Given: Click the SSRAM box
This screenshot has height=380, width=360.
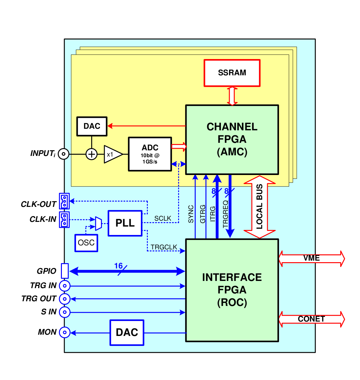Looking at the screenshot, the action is click(x=232, y=73).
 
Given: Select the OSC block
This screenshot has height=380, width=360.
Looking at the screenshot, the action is click(x=86, y=243).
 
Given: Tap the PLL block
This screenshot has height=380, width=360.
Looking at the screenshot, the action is click(x=125, y=223).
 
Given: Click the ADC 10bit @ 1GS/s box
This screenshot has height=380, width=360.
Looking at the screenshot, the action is click(x=150, y=154).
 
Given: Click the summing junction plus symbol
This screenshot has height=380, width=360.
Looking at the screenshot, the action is click(x=92, y=154).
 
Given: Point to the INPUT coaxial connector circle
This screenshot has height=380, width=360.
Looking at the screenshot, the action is click(x=64, y=154).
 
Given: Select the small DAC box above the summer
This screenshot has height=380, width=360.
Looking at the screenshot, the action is click(x=92, y=126).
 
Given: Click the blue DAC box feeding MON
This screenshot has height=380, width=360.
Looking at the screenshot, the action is click(x=127, y=332).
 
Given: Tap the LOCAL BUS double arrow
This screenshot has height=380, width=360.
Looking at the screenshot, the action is click(x=259, y=207).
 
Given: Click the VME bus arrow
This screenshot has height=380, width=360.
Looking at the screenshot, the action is click(x=312, y=259).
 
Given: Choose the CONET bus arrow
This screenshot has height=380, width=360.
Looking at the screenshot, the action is click(x=312, y=319).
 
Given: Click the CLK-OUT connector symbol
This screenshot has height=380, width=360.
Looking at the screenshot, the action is click(x=64, y=201).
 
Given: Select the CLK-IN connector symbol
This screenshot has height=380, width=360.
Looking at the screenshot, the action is click(x=64, y=220).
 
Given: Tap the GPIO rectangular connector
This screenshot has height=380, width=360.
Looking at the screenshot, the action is click(x=65, y=271).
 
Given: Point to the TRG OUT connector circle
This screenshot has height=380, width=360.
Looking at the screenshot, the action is click(x=65, y=299).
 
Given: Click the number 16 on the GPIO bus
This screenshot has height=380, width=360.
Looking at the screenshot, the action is click(x=118, y=266).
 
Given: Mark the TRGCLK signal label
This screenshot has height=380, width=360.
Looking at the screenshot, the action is click(x=164, y=247).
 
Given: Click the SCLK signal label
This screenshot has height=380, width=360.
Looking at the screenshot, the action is click(x=162, y=218).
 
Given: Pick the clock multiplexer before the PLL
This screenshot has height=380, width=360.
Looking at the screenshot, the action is click(x=98, y=223).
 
